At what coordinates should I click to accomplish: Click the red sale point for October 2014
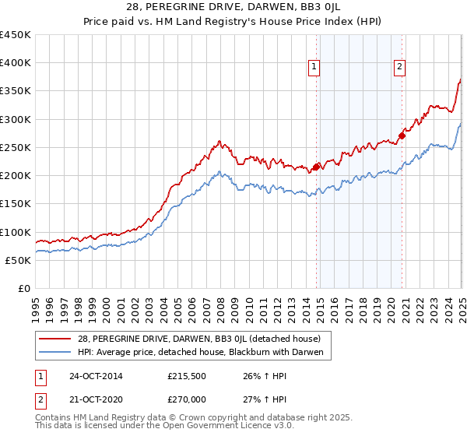click(317, 167)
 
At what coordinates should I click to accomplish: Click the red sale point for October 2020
click(402, 136)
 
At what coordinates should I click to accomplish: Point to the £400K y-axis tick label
click(16, 63)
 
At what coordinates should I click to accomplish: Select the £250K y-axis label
click(16, 147)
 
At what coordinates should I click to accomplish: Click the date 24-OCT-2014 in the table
click(97, 376)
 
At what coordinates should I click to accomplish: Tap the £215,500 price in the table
click(187, 376)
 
